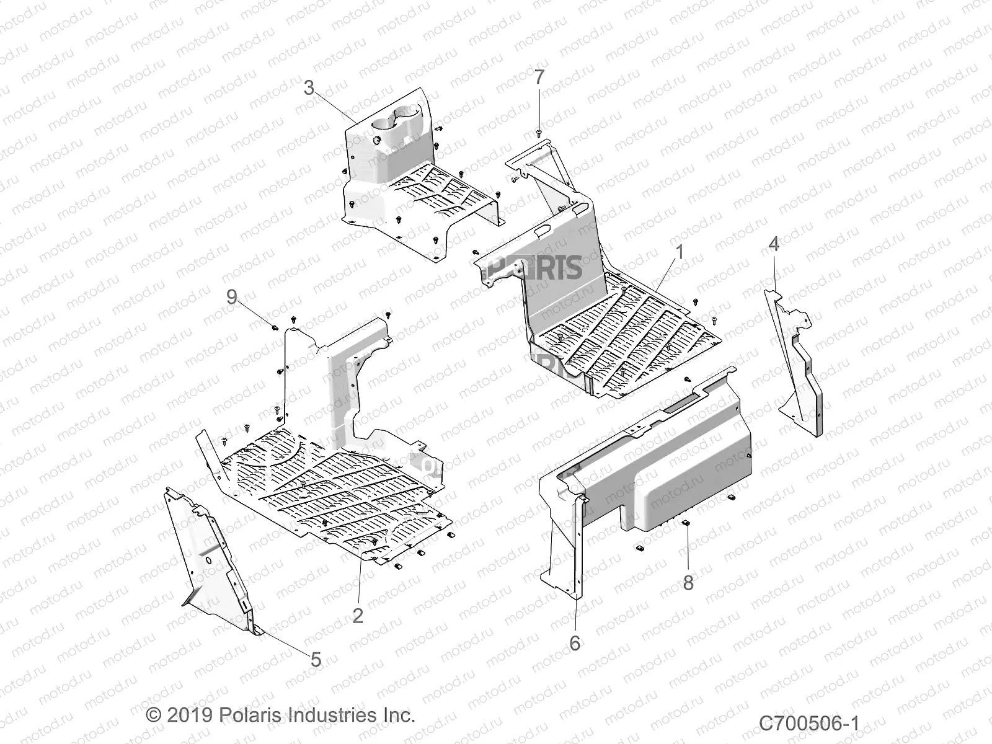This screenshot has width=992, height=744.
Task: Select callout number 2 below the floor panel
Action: (358, 616)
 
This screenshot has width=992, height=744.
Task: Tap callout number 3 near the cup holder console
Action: (309, 88)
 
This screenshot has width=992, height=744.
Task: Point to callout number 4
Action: (773, 244)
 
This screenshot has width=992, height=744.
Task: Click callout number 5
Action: (316, 660)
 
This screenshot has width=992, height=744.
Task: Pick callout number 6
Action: (575, 644)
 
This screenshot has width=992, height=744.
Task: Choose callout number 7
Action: (539, 77)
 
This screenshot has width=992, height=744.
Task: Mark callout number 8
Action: (688, 583)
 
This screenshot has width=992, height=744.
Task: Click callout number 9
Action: (231, 297)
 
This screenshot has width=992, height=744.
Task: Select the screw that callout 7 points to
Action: (539, 132)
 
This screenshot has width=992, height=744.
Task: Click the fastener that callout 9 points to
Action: (275, 326)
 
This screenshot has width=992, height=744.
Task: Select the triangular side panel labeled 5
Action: (214, 558)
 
